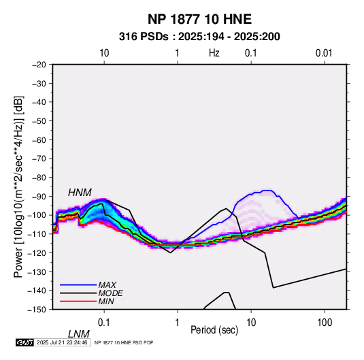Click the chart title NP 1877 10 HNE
click(199, 19)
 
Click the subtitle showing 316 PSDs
click(199, 37)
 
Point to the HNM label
click(80, 193)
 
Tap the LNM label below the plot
click(79, 334)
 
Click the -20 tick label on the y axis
click(39, 65)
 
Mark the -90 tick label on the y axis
click(39, 196)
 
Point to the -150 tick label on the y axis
click(37, 310)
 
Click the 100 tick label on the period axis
click(325, 323)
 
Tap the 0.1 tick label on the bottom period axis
click(104, 323)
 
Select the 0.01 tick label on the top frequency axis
click(324, 53)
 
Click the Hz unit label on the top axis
click(214, 53)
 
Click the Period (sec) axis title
click(214, 330)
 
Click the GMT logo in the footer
click(24, 342)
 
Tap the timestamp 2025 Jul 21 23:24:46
click(62, 342)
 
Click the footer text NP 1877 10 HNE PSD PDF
click(124, 342)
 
